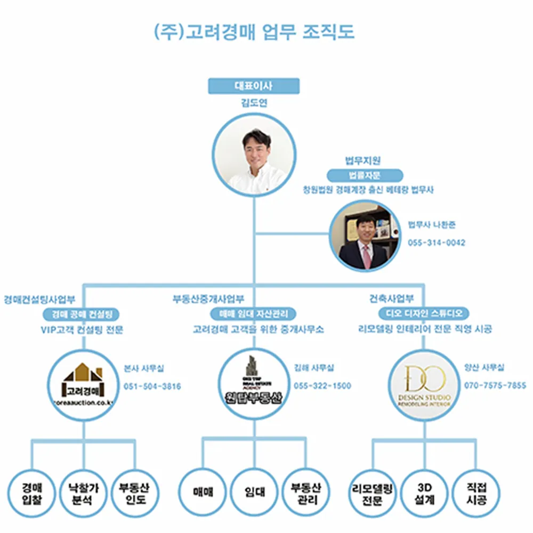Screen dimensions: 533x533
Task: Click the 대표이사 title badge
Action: [254, 86]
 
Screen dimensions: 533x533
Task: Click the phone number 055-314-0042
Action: [437, 243]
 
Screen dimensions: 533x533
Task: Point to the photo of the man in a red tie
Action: [365, 235]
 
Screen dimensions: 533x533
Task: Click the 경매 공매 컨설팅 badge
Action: [82, 313]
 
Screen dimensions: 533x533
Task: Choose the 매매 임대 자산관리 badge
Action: [254, 313]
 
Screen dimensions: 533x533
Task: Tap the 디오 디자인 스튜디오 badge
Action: [424, 313]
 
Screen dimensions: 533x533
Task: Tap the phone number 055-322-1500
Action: [322, 386]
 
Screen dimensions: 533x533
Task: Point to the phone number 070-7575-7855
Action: [495, 385]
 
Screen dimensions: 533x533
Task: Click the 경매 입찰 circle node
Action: [32, 493]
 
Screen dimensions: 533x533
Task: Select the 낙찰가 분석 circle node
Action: [83, 493]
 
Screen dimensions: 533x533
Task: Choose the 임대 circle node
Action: [254, 493]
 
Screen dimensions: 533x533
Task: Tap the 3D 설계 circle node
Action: [425, 493]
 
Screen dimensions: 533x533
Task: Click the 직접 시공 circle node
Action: [475, 493]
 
